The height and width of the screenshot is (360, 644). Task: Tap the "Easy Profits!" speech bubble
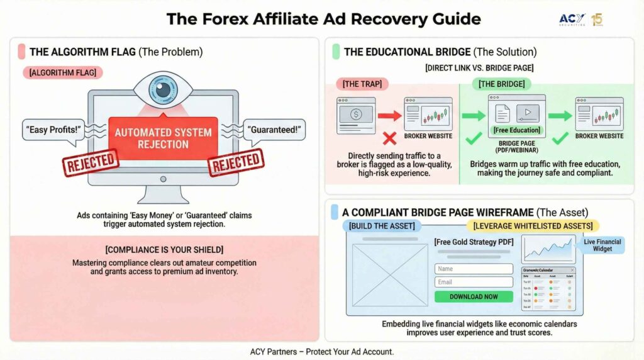(x=53, y=130)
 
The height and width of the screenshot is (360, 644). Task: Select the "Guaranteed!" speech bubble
(x=274, y=130)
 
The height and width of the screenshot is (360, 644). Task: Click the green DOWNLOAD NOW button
(x=474, y=296)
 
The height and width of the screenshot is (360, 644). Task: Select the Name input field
(x=474, y=269)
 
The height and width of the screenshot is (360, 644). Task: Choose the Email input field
(x=474, y=282)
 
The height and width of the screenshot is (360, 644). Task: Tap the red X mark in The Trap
(x=389, y=138)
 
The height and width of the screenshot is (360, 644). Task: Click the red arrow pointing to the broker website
(x=389, y=116)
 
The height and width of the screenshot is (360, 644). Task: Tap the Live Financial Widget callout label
(x=602, y=245)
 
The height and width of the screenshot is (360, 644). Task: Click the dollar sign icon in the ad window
(x=355, y=115)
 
